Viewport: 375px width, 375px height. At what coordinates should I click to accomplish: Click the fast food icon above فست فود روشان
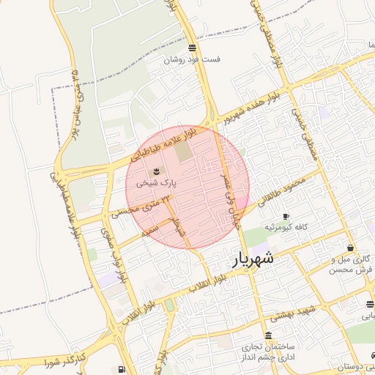192,48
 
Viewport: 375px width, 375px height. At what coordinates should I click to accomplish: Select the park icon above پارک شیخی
160,171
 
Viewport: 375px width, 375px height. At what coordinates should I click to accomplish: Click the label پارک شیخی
160,182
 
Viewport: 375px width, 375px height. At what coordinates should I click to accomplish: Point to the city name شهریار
253,259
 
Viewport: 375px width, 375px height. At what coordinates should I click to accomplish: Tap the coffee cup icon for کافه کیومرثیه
286,216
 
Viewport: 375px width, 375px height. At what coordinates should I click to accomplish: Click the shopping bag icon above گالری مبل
351,248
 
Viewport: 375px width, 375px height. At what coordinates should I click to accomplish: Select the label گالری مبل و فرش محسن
352,264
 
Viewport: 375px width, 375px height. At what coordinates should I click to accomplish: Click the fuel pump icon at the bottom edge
122,370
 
